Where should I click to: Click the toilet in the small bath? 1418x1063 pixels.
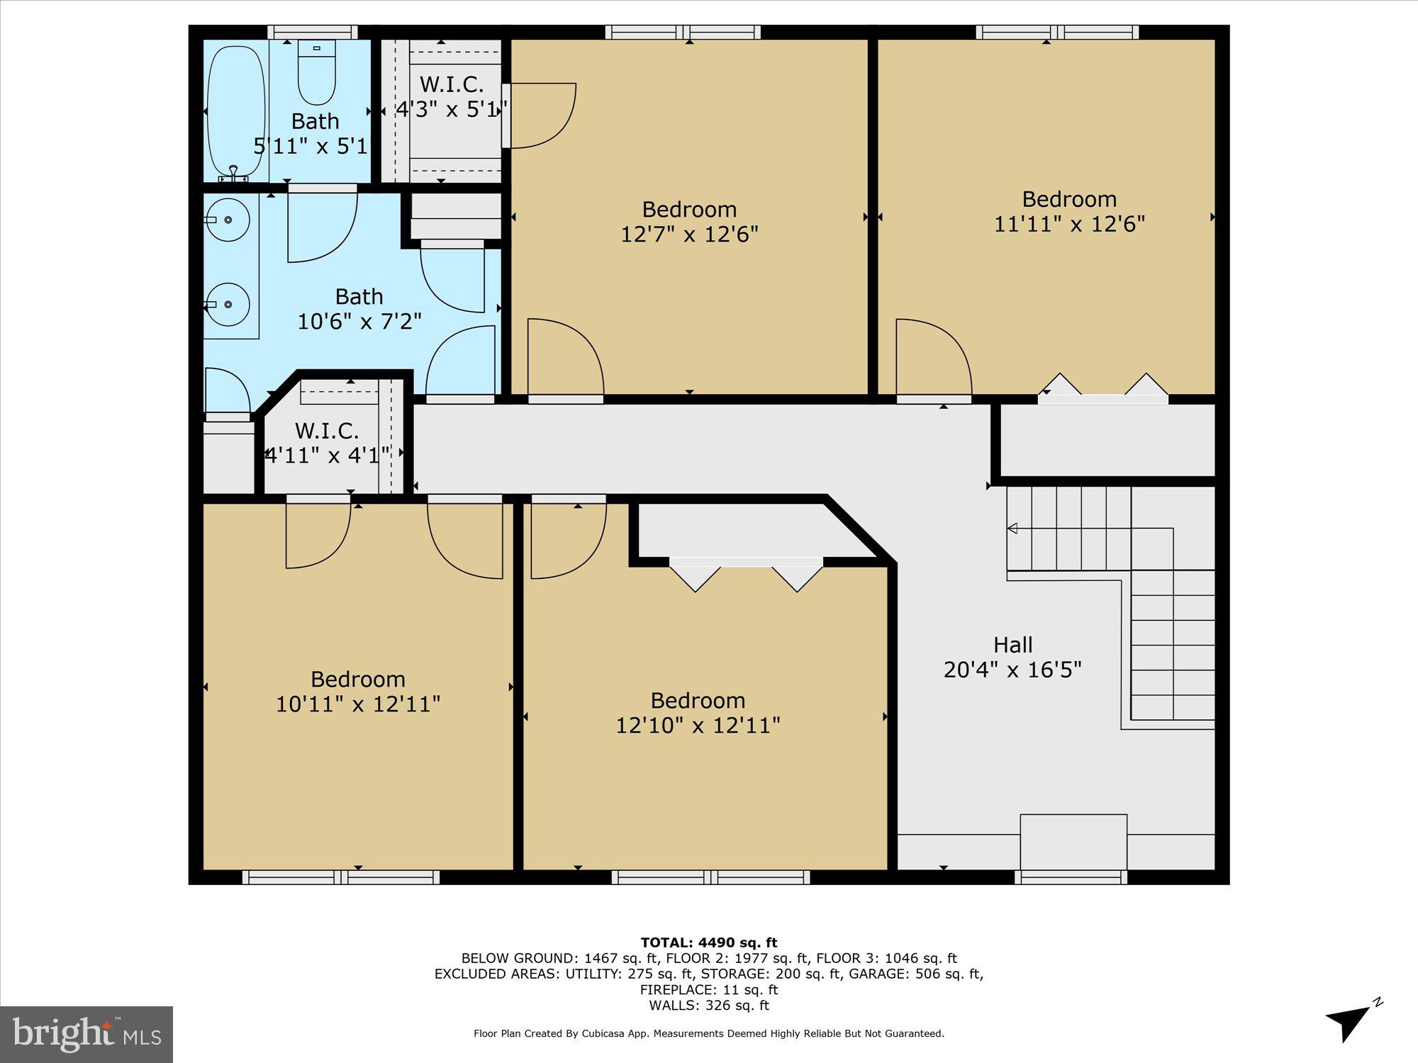coord(316,73)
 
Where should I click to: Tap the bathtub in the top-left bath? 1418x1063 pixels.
coord(235,110)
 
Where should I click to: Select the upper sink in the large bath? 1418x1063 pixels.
coord(228,220)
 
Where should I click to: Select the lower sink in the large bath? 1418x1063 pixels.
coord(228,304)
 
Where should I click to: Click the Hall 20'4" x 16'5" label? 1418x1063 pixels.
coord(1012,657)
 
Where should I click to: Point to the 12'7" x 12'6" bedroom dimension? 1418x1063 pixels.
coord(689,235)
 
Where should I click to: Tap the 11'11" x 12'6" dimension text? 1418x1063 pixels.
coord(1069,224)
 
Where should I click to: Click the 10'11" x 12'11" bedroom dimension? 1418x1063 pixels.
coord(357,704)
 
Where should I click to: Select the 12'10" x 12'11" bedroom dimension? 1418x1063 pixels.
coord(698,726)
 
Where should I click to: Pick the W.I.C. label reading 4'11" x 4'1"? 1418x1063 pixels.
coord(327,443)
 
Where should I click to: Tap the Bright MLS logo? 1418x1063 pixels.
coord(86,1034)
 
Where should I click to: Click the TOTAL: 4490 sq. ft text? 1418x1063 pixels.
coord(709,943)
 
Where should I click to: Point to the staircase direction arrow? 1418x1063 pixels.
coord(1012,529)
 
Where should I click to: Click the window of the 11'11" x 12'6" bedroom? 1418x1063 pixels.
coord(1057,32)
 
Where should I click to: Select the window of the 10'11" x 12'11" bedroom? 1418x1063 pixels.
coord(341,877)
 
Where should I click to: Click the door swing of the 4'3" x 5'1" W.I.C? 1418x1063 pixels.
coord(539,116)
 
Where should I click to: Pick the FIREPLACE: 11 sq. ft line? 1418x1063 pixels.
coord(709,989)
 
